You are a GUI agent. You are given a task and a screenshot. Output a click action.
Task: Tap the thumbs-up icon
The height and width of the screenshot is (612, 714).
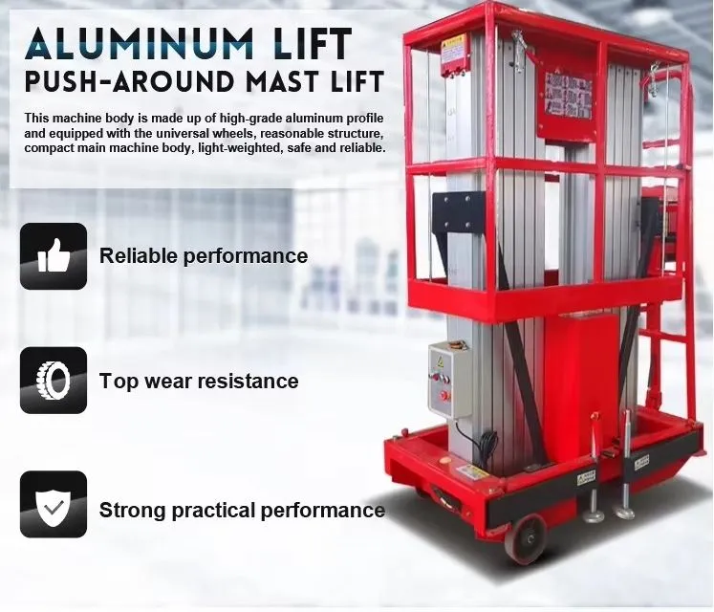54,256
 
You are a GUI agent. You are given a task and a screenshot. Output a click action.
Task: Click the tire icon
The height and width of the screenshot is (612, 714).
54,380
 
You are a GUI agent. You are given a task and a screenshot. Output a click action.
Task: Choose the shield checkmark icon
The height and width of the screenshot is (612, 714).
54,504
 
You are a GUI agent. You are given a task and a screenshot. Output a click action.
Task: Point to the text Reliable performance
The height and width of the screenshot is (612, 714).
204,256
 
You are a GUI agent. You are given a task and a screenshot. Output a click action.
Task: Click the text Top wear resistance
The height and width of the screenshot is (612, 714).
199,382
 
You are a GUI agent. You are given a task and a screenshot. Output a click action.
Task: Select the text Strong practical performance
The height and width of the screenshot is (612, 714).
242,510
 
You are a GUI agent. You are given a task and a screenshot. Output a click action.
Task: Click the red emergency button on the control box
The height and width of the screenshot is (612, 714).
444,391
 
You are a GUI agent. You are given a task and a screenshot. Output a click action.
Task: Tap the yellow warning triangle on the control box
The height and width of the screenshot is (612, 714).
441,361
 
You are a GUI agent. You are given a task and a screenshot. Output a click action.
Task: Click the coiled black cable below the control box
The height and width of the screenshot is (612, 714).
488,446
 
